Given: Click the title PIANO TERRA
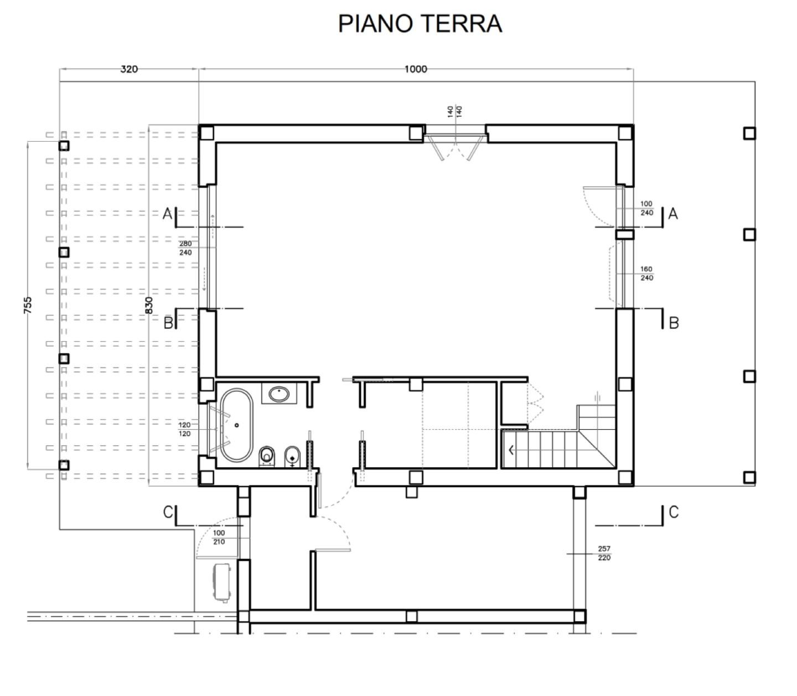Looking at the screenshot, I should point(420,24).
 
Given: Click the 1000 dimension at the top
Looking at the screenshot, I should point(415,69).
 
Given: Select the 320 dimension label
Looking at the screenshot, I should point(128,69).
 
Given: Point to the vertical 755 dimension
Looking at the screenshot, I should point(28,305).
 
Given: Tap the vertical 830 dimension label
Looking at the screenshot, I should point(149,305).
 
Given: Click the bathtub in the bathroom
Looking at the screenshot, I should point(236,425).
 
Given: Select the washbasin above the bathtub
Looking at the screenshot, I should point(279,394).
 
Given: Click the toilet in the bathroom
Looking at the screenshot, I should point(267,456).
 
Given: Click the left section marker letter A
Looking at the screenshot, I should point(167,213).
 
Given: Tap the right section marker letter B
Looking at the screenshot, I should point(674,323).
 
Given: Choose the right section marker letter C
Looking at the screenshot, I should point(674,512).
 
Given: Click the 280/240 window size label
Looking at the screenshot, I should point(185,248).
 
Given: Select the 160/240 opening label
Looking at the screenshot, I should point(646,274).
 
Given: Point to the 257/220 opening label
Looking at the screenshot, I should point(604,553).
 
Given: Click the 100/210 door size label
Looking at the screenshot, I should point(219,537).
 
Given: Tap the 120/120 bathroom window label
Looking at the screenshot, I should point(184,429).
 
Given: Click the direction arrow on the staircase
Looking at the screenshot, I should point(511,450).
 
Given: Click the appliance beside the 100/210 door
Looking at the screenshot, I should point(222,581).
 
